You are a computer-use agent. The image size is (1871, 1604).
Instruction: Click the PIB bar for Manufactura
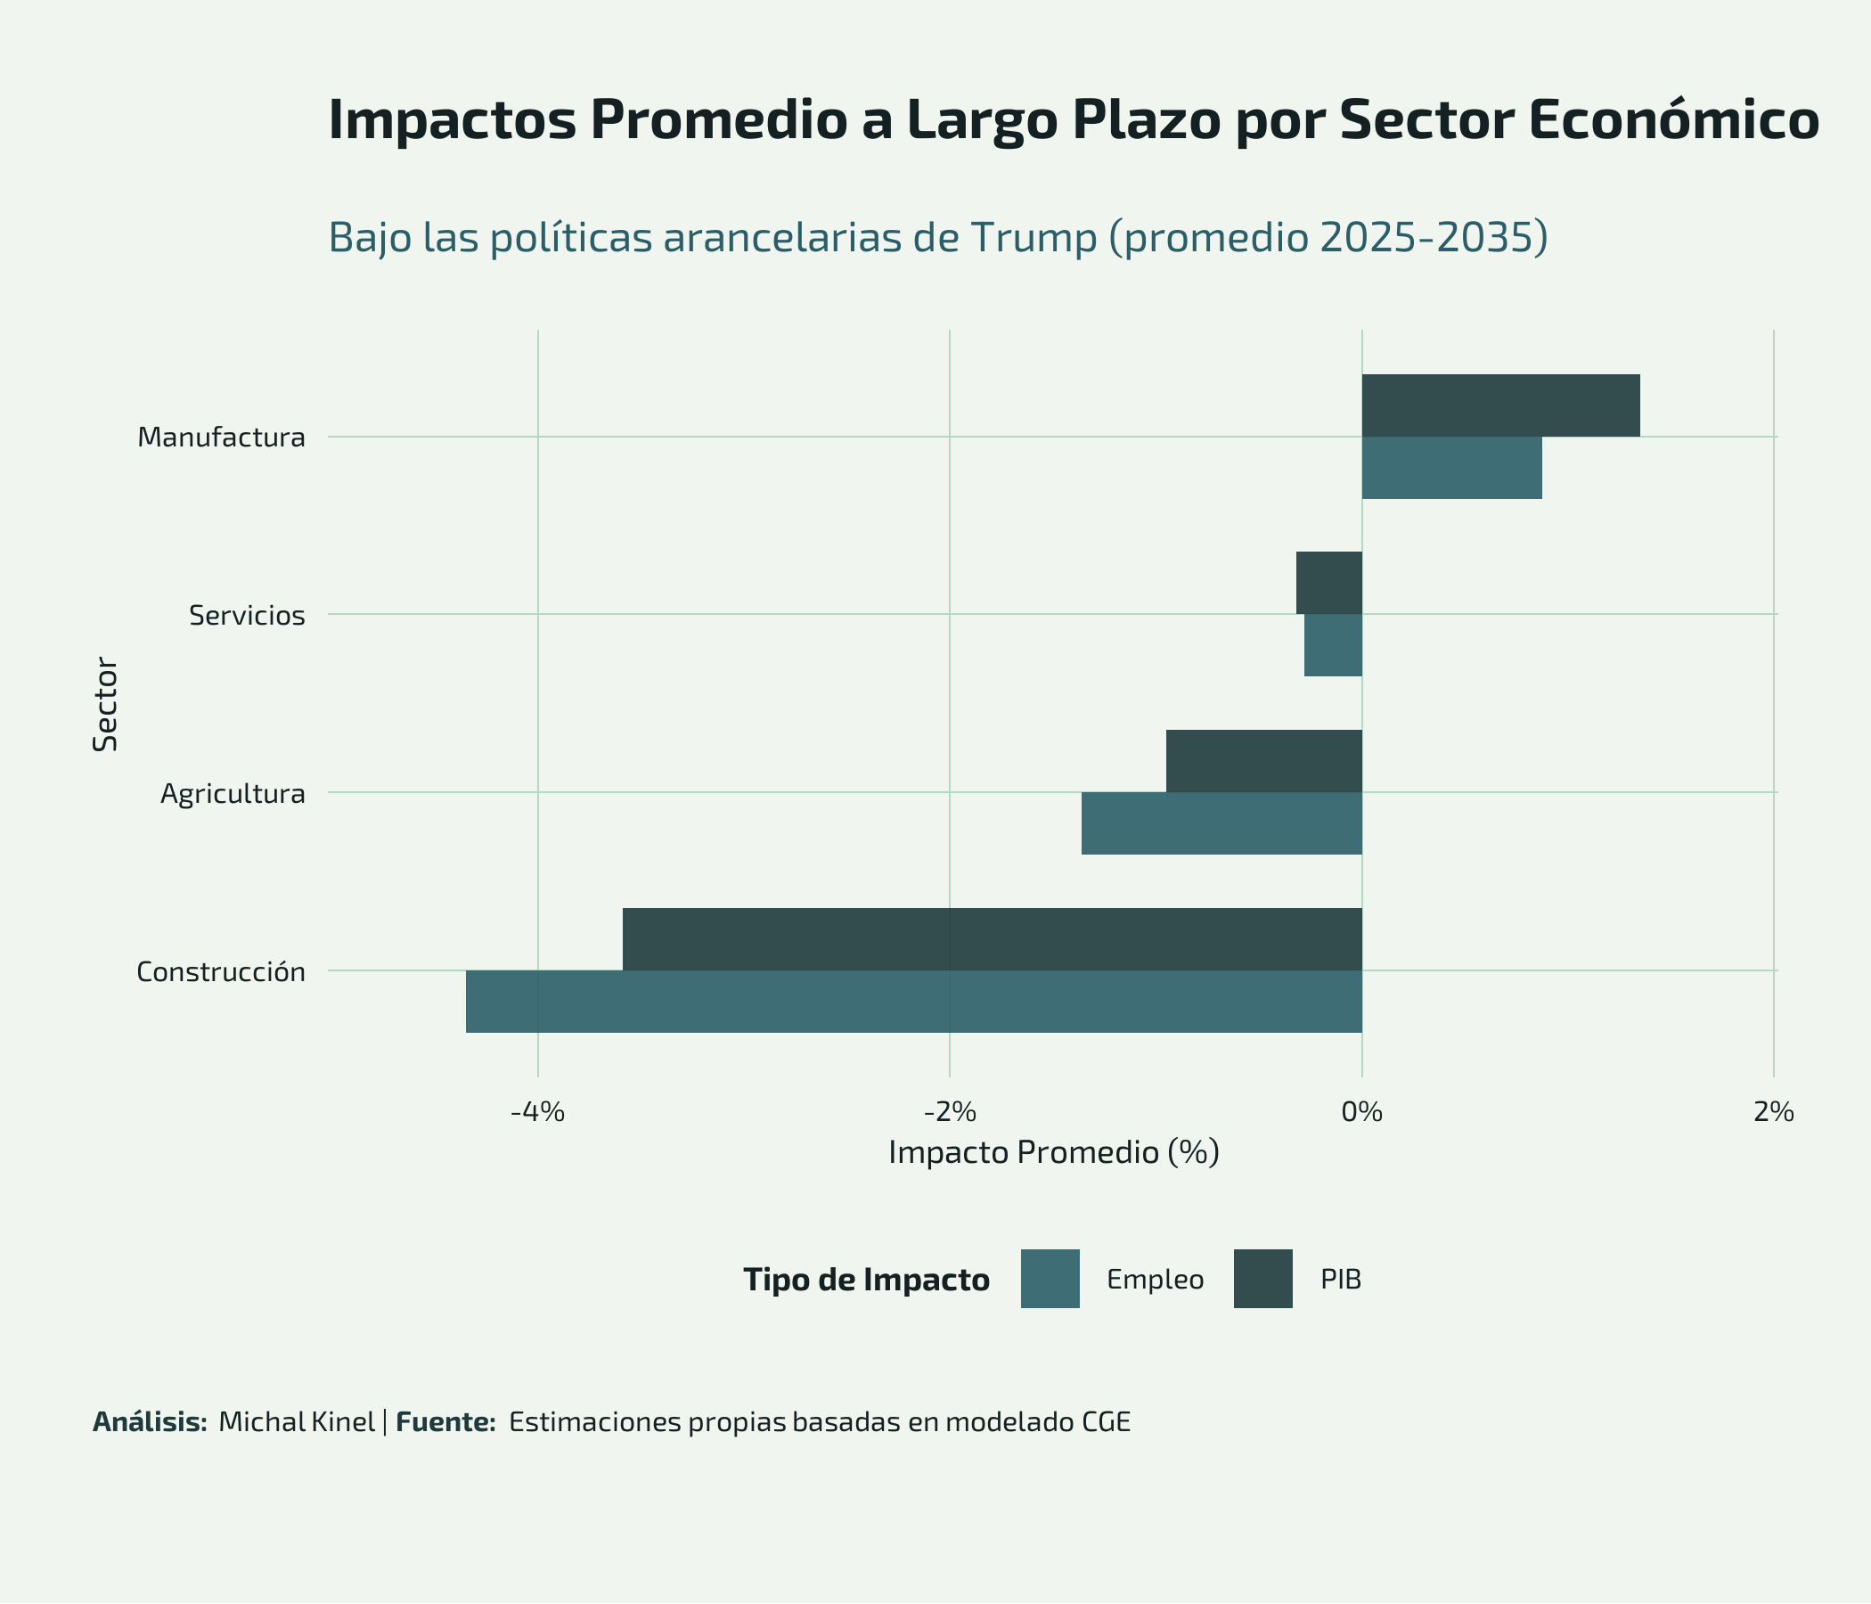[x=1499, y=405]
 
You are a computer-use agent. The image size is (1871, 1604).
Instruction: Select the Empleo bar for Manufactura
[x=1451, y=468]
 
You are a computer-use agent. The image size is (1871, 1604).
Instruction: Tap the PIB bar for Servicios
[x=1328, y=583]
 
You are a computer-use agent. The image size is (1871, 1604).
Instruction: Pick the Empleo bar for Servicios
[x=1333, y=645]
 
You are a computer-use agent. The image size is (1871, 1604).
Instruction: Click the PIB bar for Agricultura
[x=1263, y=760]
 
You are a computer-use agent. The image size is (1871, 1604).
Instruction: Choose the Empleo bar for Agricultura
[x=1221, y=822]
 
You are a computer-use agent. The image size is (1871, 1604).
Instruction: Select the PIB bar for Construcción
[x=992, y=938]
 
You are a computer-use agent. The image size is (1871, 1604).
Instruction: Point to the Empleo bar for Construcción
[x=913, y=1001]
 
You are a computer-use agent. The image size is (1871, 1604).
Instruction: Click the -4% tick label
[x=537, y=1113]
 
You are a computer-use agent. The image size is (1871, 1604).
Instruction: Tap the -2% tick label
[x=949, y=1113]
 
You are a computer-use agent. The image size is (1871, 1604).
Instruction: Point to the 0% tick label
[x=1361, y=1113]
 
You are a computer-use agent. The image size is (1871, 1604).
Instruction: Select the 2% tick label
[x=1774, y=1113]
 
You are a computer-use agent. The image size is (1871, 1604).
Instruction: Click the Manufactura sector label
[x=221, y=438]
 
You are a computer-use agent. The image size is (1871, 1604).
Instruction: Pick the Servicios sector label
[x=247, y=616]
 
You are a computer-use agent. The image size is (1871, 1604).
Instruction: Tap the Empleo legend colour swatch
[x=1050, y=1279]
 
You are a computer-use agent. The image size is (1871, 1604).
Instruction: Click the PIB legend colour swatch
[x=1263, y=1279]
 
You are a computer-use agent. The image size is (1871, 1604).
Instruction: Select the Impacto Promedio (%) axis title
[x=1054, y=1153]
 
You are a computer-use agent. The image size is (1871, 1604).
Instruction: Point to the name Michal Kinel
[x=296, y=1422]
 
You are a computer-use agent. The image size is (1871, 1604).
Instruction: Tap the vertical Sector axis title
[x=106, y=705]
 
